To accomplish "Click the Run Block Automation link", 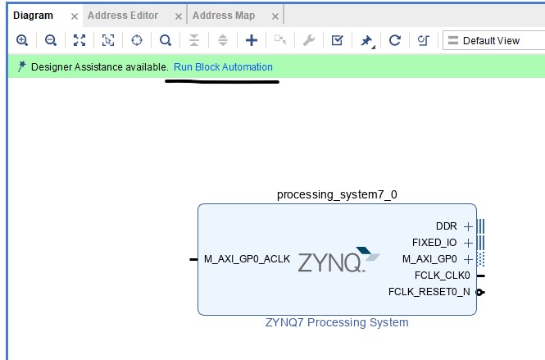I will pos(223,67).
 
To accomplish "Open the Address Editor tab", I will pos(123,16).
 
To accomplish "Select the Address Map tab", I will pos(223,16).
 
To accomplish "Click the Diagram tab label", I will pos(33,16).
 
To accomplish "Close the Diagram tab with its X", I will pos(75,16).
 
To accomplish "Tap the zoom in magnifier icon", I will pos(22,40).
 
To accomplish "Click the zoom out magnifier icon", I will pos(51,40).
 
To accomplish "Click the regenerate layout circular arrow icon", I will pos(394,40).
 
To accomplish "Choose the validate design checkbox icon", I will pos(337,40).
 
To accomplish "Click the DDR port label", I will pos(446,226).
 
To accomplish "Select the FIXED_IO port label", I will pos(434,243).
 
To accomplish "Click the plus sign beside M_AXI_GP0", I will pos(468,259).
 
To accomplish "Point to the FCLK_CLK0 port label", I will pos(443,276).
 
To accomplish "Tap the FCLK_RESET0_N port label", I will pos(429,291).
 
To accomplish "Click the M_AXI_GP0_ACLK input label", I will pos(247,259).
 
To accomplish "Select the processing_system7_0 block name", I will pos(337,194).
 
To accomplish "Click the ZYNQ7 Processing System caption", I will pos(337,322).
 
